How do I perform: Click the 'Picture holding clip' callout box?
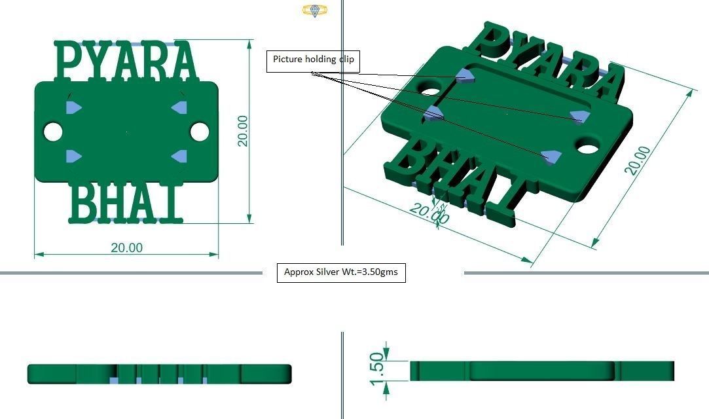click(313, 60)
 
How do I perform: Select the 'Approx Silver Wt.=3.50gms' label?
click(341, 272)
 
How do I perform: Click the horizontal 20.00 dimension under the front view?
click(126, 247)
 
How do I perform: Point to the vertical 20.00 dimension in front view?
click(243, 130)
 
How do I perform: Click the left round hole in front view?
click(53, 132)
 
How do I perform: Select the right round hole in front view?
click(200, 132)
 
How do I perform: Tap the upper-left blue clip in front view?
click(73, 107)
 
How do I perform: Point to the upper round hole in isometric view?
click(432, 87)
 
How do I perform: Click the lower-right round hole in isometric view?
click(588, 146)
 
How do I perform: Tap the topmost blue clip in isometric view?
click(465, 75)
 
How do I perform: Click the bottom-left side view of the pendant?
click(159, 373)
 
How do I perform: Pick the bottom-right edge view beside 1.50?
click(542, 370)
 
